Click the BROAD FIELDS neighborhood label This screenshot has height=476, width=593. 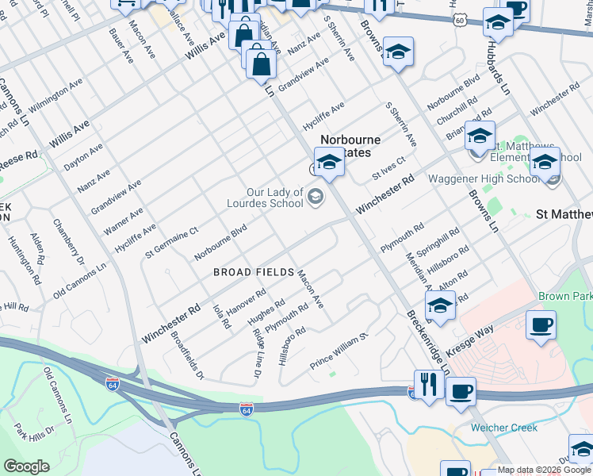254,272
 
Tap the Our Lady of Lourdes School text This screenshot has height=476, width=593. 275,198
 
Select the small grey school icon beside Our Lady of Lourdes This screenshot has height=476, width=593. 316,196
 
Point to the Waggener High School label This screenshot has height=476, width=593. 484,178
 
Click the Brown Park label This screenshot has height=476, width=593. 564,296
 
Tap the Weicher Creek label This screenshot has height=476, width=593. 503,428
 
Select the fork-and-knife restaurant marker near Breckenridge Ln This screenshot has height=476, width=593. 429,386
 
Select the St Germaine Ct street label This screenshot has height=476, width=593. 171,243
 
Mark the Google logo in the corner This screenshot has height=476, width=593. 26,466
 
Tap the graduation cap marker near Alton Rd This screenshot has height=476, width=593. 441,305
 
